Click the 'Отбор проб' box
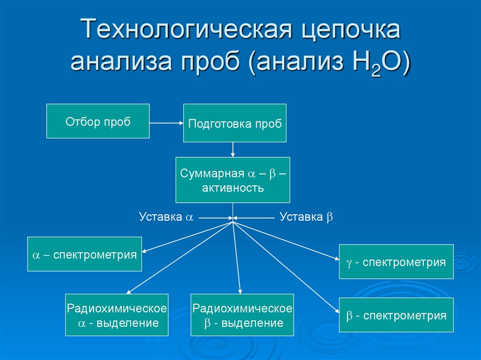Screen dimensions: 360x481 [98, 121]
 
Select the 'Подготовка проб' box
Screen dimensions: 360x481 [235, 123]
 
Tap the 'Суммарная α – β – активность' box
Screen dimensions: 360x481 [233, 180]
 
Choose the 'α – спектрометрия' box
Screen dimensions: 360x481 [85, 254]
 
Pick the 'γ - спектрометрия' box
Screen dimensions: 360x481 [396, 261]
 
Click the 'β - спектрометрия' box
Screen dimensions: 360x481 [396, 315]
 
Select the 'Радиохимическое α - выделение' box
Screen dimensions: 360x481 [117, 315]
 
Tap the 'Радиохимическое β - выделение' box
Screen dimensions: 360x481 [242, 315]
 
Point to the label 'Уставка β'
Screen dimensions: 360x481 [306, 217]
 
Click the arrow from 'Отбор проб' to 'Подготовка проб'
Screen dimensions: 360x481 [166, 123]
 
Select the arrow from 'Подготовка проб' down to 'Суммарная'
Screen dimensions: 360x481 [233, 149]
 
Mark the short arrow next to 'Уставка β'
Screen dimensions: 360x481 [254, 217]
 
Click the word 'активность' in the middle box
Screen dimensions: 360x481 [233, 188]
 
